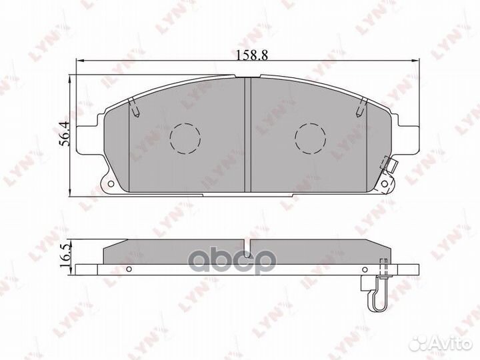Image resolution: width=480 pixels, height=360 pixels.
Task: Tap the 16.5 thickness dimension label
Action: [65, 256]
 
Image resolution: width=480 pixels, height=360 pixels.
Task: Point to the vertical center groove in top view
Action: [247, 133]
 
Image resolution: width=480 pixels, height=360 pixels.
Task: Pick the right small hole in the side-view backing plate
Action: [364, 269]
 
